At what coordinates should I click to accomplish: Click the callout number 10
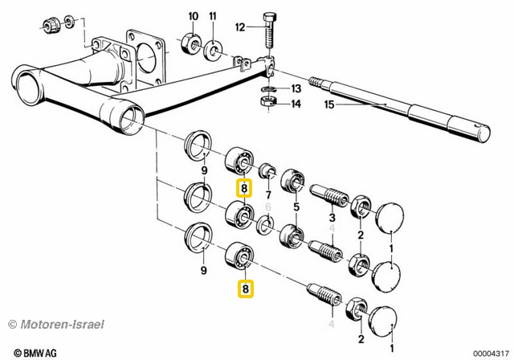tap(193, 16)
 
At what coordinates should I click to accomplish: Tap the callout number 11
tap(212, 16)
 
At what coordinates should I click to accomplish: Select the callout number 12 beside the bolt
tap(239, 27)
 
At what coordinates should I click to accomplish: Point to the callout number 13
tap(296, 88)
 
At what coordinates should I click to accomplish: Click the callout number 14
tap(296, 104)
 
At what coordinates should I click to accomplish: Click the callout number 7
tap(267, 196)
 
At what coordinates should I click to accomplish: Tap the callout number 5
tap(296, 208)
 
